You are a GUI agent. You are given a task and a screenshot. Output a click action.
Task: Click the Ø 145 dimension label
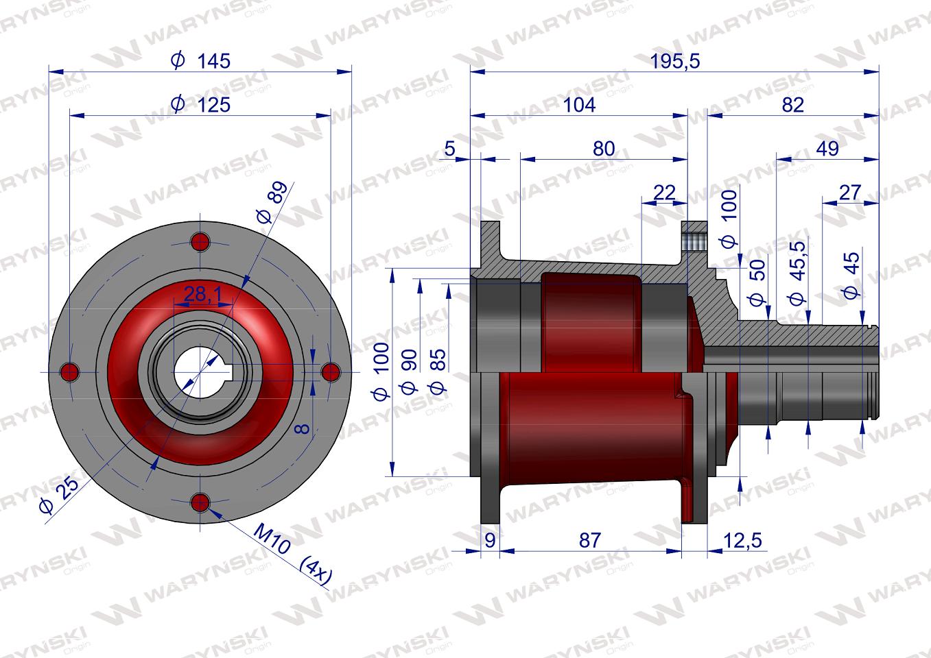pyautogui.click(x=200, y=60)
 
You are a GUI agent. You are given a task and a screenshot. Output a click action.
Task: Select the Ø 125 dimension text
pyautogui.click(x=200, y=104)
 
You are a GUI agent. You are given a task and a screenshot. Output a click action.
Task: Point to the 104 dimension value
pyautogui.click(x=579, y=105)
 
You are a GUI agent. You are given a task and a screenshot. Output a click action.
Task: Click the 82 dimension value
pyautogui.click(x=792, y=105)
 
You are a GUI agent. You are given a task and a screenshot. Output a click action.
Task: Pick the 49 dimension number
pyautogui.click(x=827, y=148)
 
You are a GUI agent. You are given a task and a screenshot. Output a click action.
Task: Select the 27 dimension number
pyautogui.click(x=849, y=193)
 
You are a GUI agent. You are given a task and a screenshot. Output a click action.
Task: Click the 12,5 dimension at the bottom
pyautogui.click(x=743, y=541)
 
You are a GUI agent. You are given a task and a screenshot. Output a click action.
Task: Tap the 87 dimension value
pyautogui.click(x=590, y=541)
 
